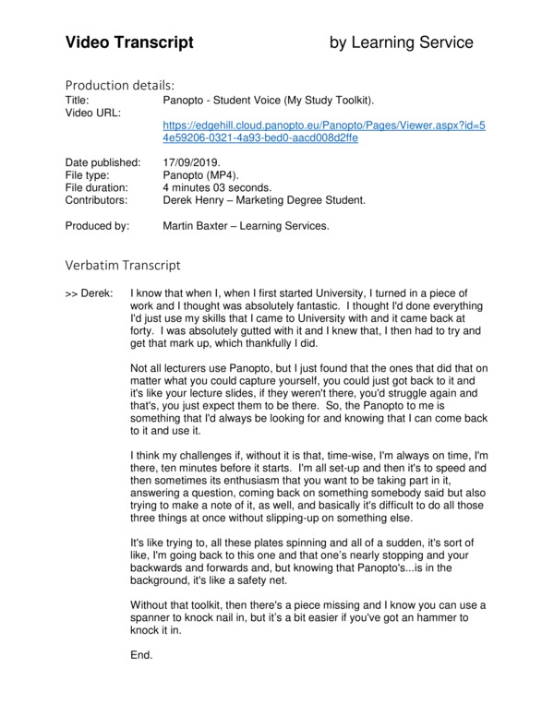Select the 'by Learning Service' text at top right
click(402, 42)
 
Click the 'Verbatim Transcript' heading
click(123, 265)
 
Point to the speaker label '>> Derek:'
click(90, 293)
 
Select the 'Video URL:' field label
click(93, 112)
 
